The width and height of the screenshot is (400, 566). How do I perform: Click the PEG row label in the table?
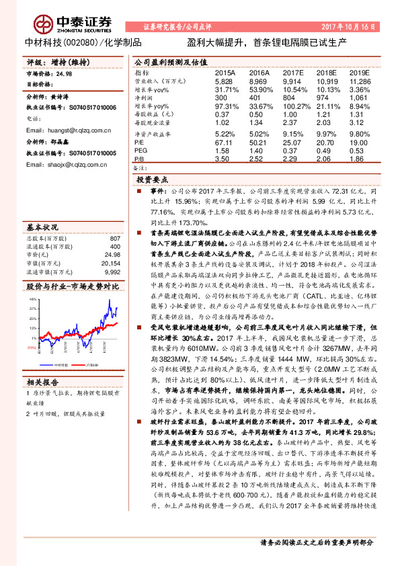tap(141, 151)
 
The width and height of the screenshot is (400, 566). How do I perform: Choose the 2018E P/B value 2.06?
tap(326, 159)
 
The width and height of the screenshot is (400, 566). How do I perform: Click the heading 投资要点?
tap(153, 181)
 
